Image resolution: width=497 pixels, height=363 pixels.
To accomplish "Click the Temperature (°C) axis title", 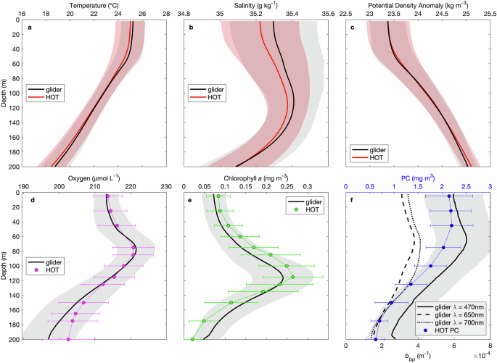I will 94,4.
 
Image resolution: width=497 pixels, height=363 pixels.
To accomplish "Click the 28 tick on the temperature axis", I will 166,13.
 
